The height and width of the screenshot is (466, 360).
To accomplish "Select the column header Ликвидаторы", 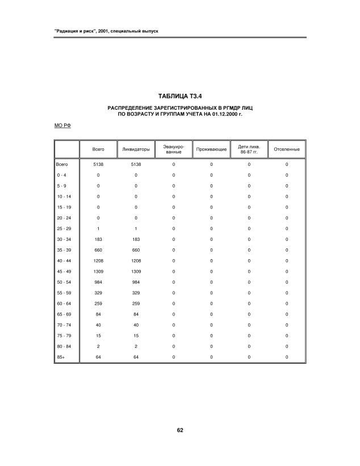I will coord(136,149).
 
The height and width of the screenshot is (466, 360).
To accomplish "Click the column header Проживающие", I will coord(211,149).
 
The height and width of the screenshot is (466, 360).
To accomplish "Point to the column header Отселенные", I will coord(287,149).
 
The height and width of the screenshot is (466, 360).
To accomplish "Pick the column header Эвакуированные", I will coord(174,149).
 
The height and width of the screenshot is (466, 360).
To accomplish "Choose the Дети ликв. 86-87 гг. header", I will coord(249,149).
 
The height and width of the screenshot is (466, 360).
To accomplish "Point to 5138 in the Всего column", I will coord(98,164).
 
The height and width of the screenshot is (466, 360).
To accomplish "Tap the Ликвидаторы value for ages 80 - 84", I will coord(136,346).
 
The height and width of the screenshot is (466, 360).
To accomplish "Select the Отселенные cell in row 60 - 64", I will coord(287,303).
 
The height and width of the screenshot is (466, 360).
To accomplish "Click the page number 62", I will coord(179,430).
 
